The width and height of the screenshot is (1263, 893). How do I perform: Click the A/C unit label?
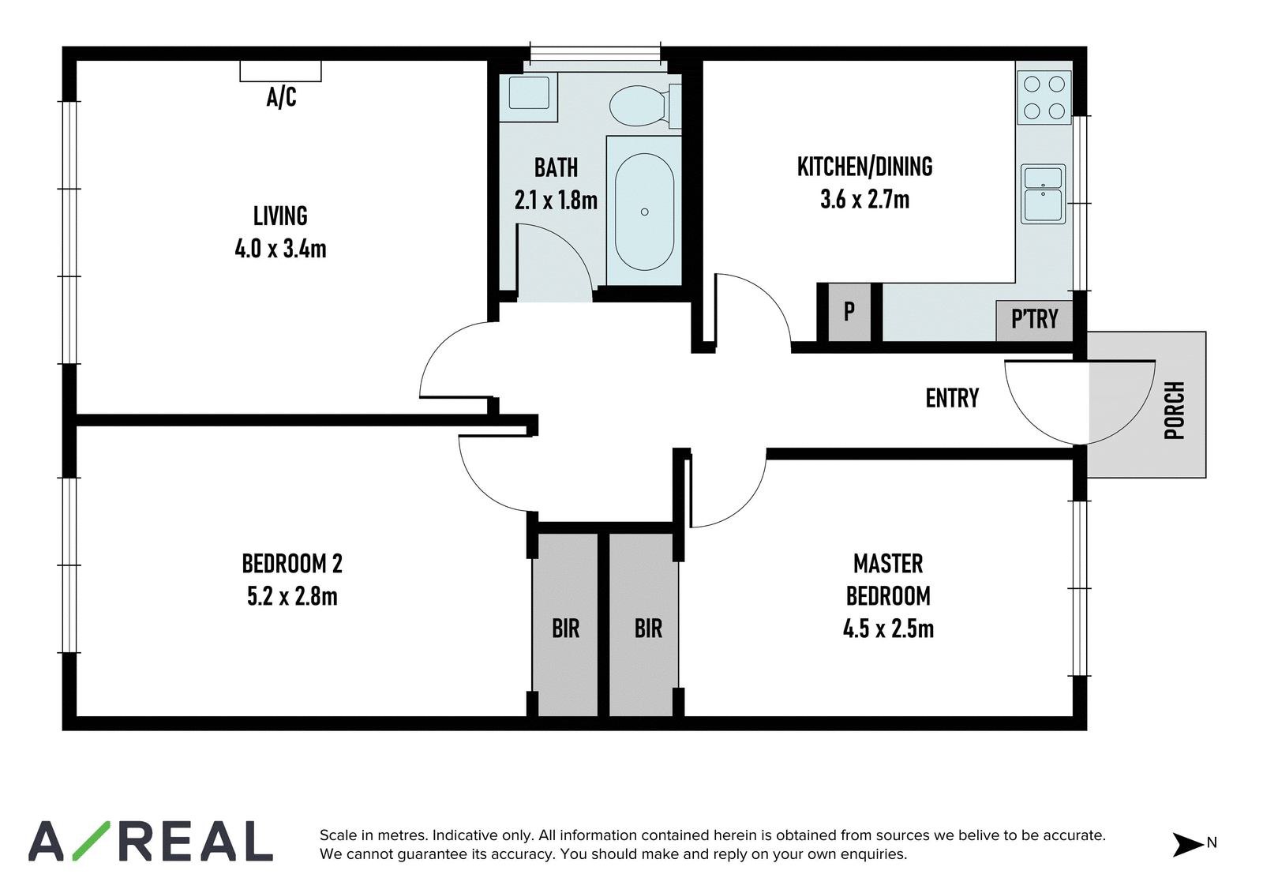click(x=281, y=97)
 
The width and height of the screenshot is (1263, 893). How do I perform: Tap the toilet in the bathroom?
click(x=645, y=106)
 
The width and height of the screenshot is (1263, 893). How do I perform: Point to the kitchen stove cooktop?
click(x=1044, y=98)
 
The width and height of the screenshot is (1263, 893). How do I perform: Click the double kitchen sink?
click(x=1043, y=194)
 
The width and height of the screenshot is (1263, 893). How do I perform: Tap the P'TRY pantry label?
click(x=1035, y=319)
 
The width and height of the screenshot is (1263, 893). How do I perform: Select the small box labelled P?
click(x=849, y=312)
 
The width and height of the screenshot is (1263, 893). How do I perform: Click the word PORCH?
click(x=1175, y=410)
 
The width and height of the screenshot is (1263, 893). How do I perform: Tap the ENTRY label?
click(x=952, y=398)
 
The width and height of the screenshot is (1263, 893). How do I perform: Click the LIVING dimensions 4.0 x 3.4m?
click(x=280, y=249)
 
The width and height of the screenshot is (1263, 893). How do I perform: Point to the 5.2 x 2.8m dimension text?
click(x=292, y=596)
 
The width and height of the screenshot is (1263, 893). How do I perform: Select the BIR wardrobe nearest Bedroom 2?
click(x=565, y=625)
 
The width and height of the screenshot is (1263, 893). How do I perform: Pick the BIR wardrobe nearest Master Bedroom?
click(x=643, y=625)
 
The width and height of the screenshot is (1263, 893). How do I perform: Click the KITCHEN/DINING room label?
click(x=865, y=167)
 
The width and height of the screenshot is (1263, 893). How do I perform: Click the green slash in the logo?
click(x=92, y=841)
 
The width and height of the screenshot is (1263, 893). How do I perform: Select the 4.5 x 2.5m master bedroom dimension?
click(x=889, y=629)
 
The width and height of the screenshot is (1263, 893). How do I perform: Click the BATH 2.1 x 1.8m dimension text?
click(x=556, y=201)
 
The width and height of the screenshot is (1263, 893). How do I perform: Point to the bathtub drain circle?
click(x=644, y=212)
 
